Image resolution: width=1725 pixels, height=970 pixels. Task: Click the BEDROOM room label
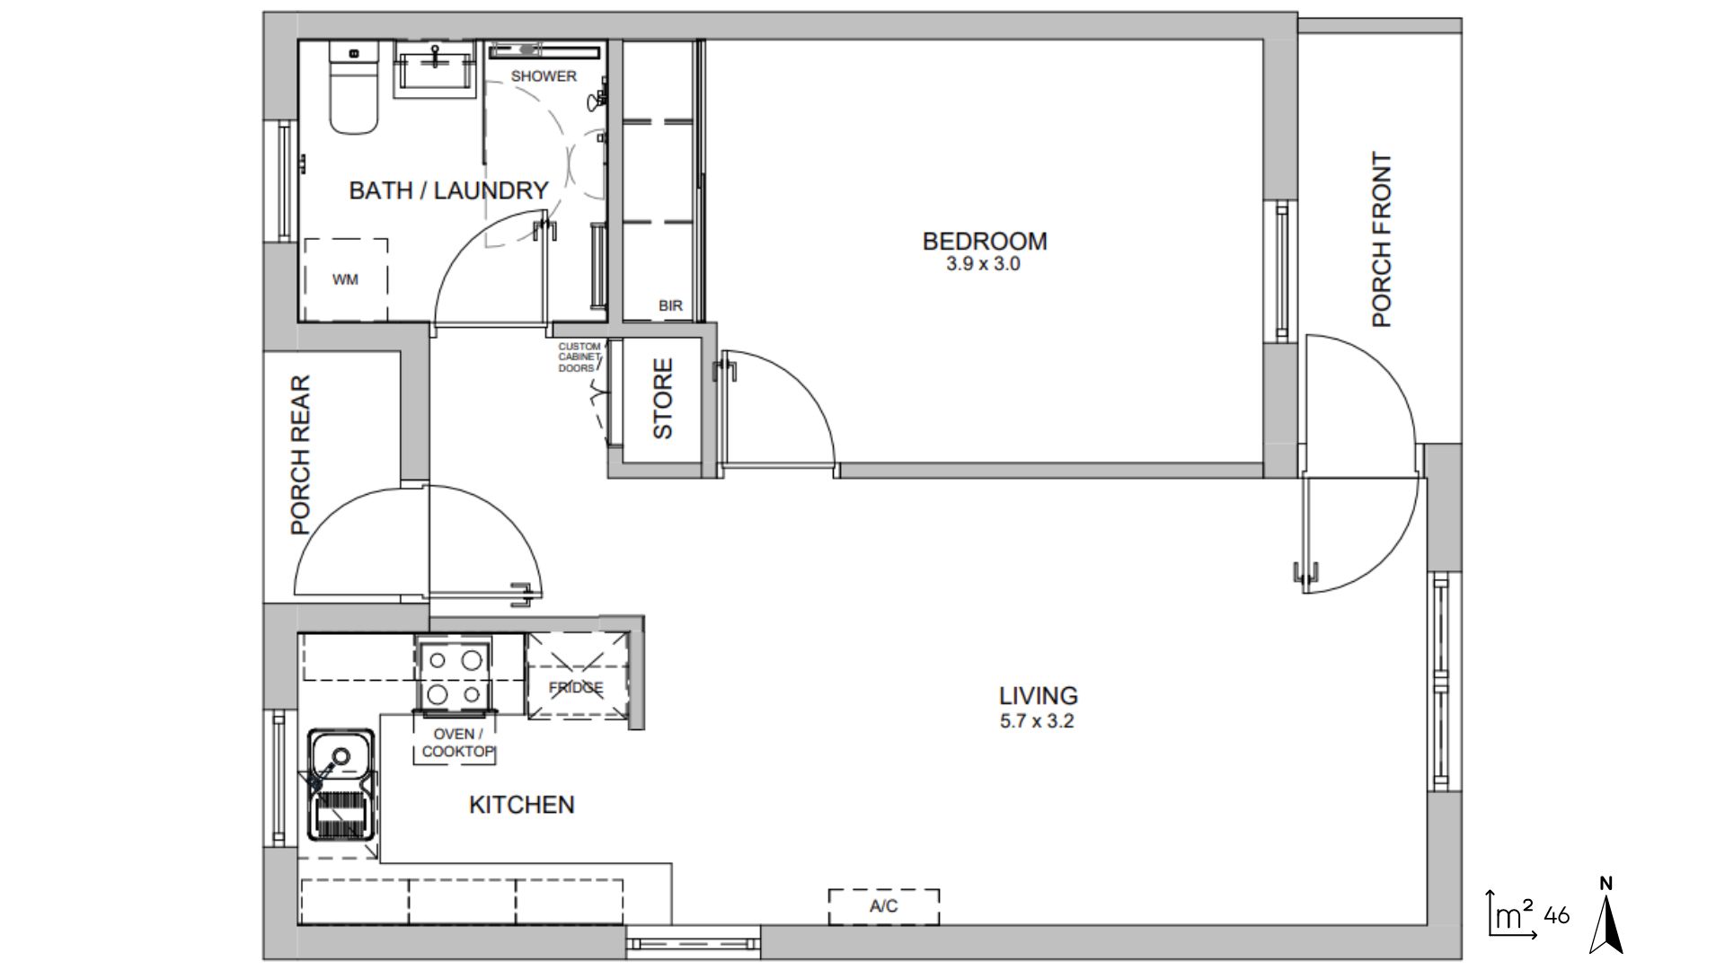coord(984,241)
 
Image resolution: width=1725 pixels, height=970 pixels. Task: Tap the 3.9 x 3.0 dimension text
coord(983,265)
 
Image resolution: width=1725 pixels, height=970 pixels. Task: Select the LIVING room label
coord(1038,695)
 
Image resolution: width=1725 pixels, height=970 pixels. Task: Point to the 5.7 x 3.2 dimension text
coord(1037,720)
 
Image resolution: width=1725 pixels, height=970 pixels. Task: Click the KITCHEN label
coord(521,805)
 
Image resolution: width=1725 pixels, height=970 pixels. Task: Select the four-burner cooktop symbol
coord(454,675)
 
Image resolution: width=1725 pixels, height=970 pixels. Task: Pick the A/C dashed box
coord(883,906)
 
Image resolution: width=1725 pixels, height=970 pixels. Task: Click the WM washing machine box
coord(345,279)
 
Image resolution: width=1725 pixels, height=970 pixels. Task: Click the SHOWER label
coord(544,76)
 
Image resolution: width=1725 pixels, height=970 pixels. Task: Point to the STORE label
coord(662,399)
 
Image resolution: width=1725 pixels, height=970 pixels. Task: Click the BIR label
coord(670,305)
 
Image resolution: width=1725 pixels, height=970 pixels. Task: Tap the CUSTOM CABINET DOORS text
coord(579,357)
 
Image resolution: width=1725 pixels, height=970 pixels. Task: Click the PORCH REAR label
coord(301,454)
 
